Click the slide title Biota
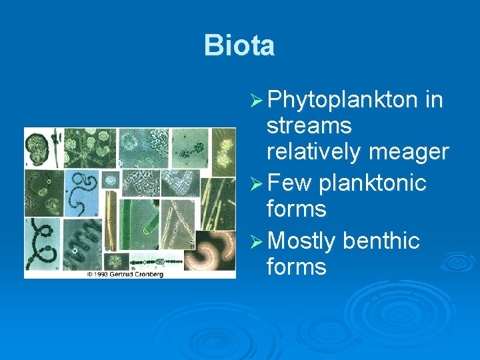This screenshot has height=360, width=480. [239, 45]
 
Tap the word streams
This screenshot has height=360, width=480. [309, 125]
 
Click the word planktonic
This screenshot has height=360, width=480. [373, 182]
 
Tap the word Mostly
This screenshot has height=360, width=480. [303, 241]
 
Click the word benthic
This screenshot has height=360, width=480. [381, 241]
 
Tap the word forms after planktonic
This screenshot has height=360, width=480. [295, 209]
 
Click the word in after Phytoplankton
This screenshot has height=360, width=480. [433, 101]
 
